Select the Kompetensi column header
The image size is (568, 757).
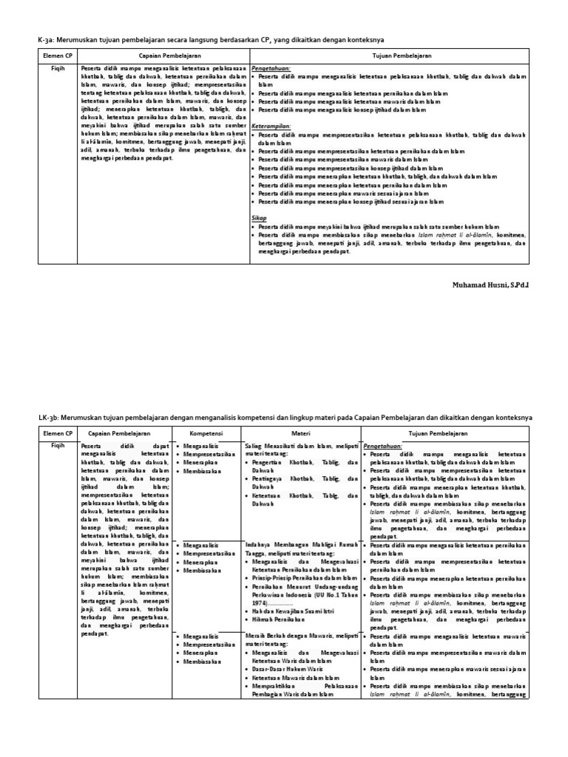coord(208,432)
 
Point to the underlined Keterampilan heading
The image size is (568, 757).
coord(271,126)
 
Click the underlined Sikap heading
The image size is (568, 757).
coord(259,218)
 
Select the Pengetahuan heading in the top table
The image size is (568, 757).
coord(272,67)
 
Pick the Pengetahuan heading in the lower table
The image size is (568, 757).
coord(383,446)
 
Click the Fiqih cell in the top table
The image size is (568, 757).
coord(50,67)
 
